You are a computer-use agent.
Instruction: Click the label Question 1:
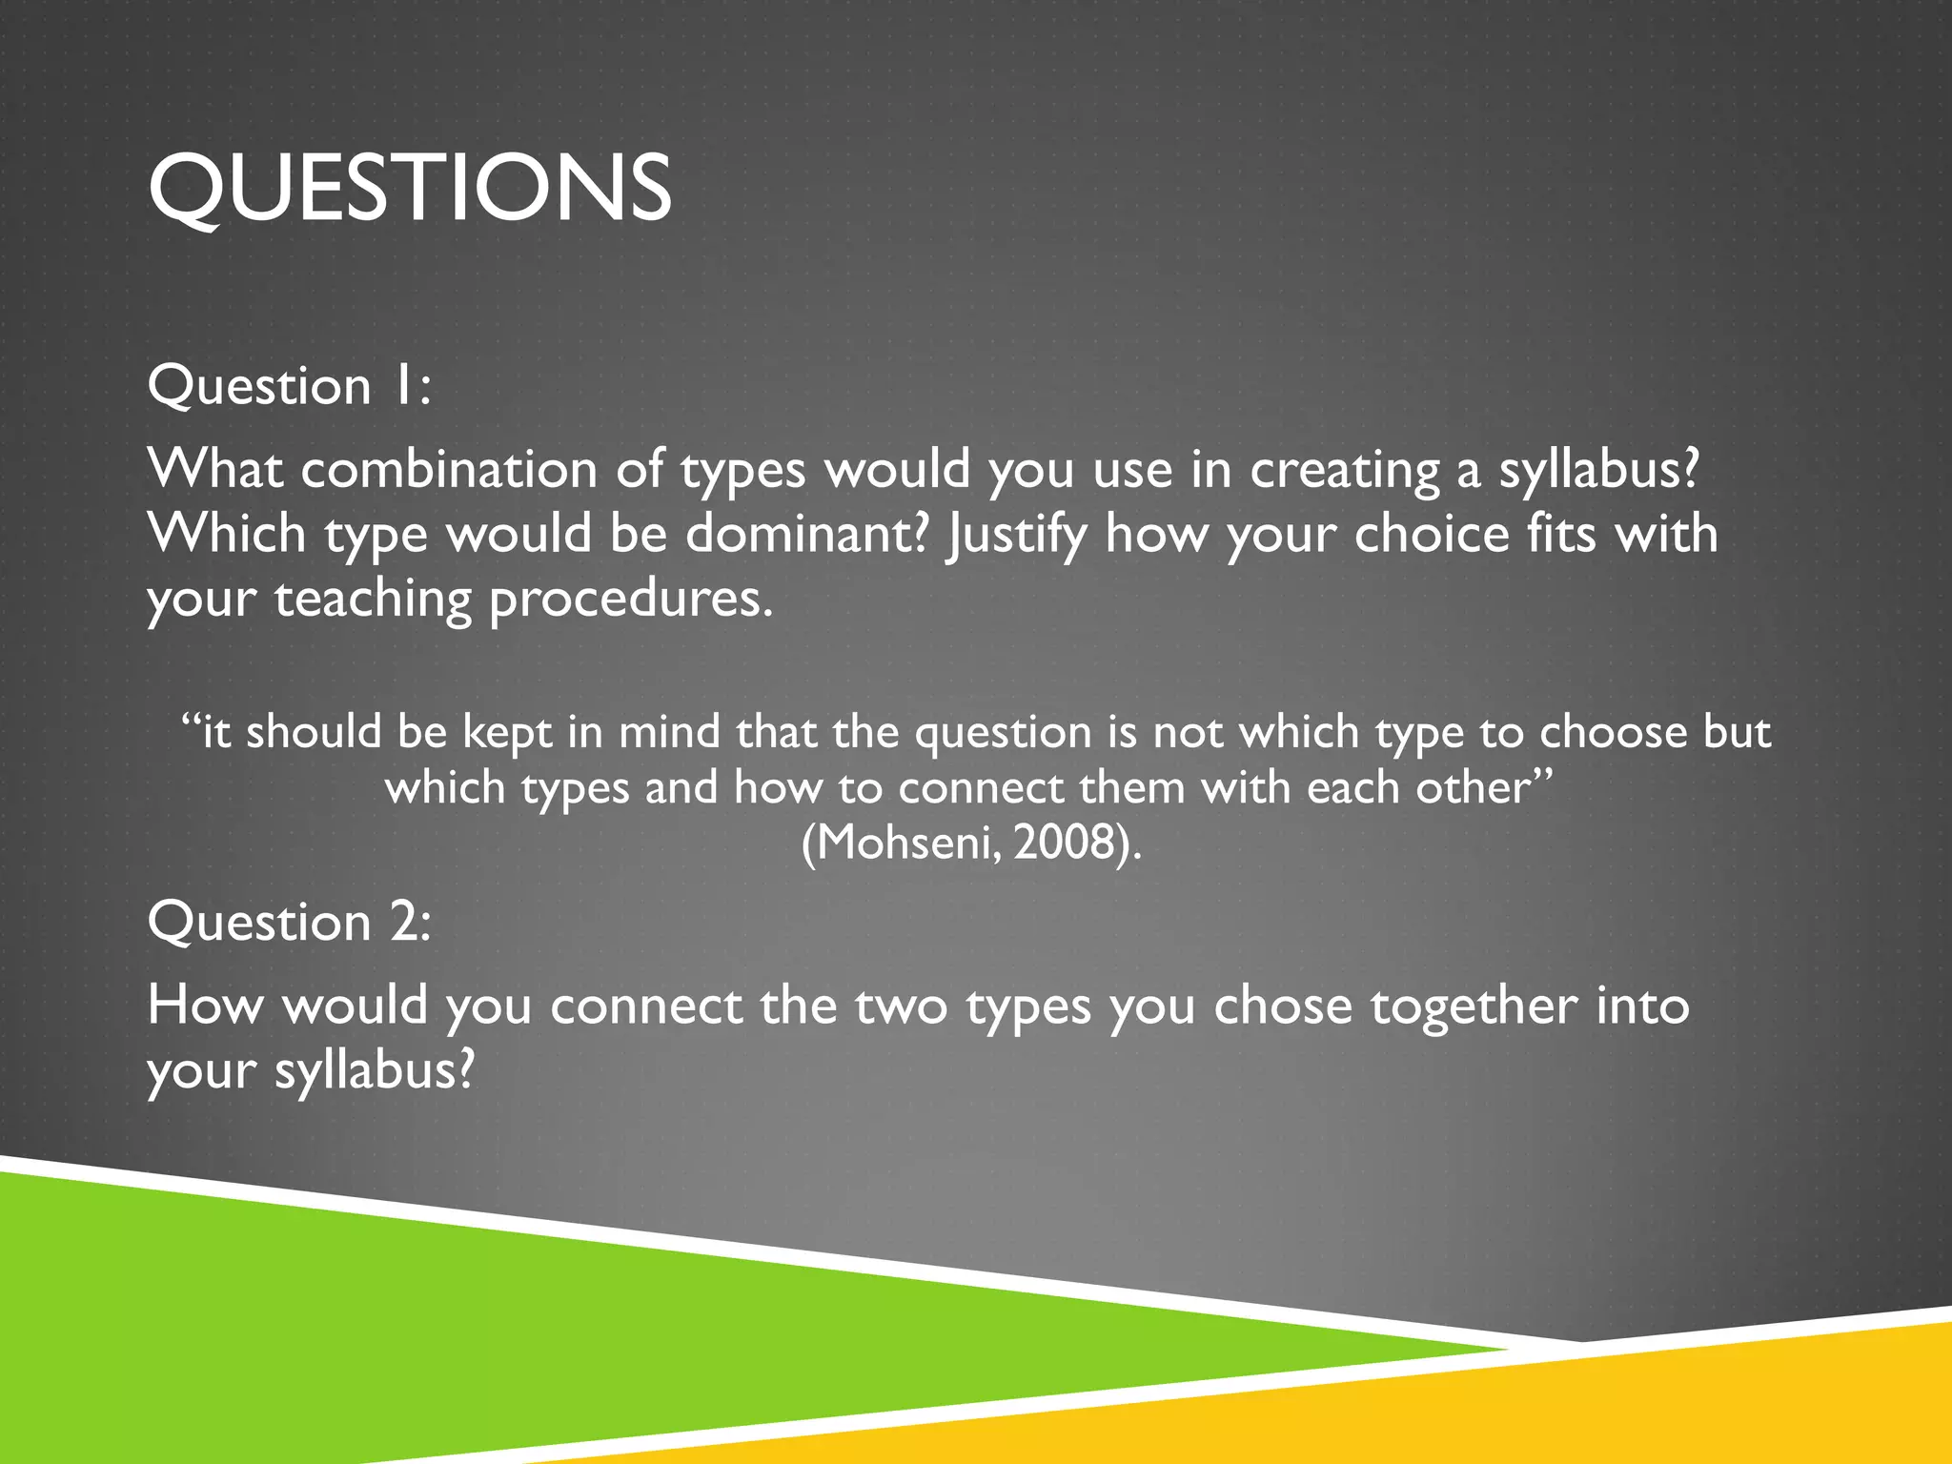point(289,386)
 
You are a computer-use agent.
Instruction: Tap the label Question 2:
point(289,922)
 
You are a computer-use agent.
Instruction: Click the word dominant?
point(806,533)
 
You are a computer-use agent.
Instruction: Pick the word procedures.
point(630,600)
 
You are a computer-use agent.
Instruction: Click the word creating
point(1344,471)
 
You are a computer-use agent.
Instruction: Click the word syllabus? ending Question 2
point(374,1070)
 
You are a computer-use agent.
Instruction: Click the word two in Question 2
point(901,1006)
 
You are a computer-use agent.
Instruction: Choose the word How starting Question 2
point(204,1006)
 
